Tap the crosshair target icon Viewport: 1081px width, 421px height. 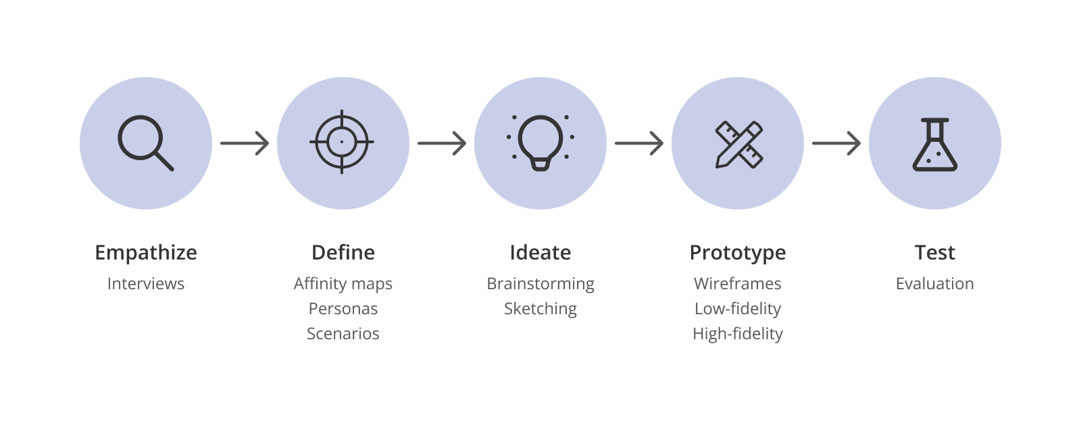[x=342, y=143]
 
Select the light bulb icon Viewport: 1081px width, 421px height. [x=540, y=143]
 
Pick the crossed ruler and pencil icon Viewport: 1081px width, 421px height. [x=738, y=143]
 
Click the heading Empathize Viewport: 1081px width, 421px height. [x=146, y=253]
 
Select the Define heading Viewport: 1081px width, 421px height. [x=343, y=253]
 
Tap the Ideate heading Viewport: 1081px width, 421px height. [x=540, y=253]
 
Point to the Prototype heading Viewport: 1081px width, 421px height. [x=738, y=253]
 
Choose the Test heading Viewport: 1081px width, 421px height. [x=935, y=253]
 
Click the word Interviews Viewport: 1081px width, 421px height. [x=146, y=284]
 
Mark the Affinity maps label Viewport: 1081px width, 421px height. [x=343, y=284]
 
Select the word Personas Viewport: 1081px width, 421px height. [x=343, y=309]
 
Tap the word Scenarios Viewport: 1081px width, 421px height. [x=343, y=334]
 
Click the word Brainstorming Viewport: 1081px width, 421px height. [x=540, y=284]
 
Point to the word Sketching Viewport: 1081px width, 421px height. [x=540, y=309]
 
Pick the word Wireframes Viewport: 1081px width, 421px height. [x=738, y=284]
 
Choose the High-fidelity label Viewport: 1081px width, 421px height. [x=738, y=334]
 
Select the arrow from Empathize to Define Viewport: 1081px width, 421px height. [x=245, y=143]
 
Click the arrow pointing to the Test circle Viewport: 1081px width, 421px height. [x=836, y=143]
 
